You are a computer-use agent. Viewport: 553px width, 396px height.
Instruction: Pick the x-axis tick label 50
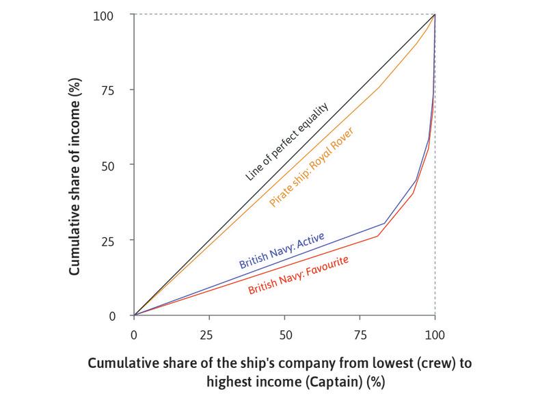click(285, 336)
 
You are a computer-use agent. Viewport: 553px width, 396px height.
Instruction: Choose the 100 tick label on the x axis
click(435, 336)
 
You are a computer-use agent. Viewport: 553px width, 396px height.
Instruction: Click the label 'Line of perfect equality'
click(287, 143)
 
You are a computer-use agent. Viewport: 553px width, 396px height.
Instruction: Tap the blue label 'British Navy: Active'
click(281, 250)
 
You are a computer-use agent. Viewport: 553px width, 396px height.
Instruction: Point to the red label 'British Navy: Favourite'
click(299, 275)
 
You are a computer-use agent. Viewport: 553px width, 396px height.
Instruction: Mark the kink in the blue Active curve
click(385, 224)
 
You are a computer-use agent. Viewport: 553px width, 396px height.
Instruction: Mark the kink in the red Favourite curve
click(378, 236)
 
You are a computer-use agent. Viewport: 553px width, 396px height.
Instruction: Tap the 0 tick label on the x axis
click(134, 336)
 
